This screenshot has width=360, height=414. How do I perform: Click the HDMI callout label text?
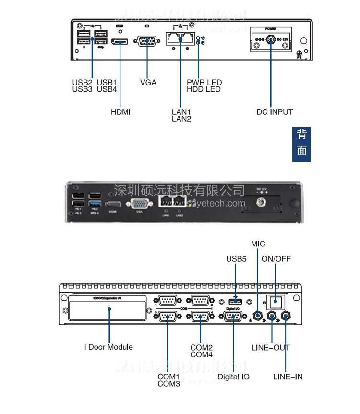[120, 112]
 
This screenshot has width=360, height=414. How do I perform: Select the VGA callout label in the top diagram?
[148, 82]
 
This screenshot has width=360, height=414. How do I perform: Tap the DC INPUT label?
[275, 112]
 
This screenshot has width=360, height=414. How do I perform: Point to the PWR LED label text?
[204, 83]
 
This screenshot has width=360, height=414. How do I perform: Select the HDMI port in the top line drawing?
[120, 43]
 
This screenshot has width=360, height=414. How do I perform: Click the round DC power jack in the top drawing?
[271, 41]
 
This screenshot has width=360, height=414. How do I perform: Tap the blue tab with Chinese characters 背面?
[301, 144]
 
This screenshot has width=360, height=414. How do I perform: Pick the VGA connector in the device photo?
[140, 203]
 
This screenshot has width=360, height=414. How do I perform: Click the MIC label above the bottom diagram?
[258, 244]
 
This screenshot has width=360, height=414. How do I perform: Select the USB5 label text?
[236, 259]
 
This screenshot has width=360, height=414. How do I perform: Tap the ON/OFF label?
[276, 259]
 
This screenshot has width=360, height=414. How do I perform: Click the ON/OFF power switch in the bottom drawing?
[276, 302]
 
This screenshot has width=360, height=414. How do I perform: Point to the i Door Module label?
[108, 347]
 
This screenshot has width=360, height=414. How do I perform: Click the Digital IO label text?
[234, 377]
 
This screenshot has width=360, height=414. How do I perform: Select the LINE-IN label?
[288, 377]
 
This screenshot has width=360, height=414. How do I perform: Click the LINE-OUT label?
[271, 347]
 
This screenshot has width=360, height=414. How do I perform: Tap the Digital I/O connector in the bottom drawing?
[233, 317]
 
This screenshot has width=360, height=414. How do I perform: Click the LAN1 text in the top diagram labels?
[181, 112]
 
